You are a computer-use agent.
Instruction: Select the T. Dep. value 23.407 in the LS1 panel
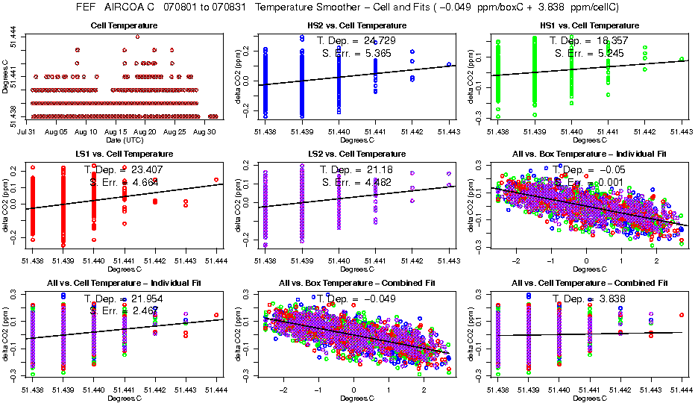pyautogui.click(x=153, y=169)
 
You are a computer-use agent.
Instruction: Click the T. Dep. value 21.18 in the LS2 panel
pyautogui.click(x=382, y=169)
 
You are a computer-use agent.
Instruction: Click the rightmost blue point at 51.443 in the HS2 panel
pyautogui.click(x=449, y=64)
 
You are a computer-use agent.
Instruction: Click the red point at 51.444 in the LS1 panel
pyautogui.click(x=216, y=179)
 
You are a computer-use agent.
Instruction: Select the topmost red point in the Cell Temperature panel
pyautogui.click(x=137, y=36)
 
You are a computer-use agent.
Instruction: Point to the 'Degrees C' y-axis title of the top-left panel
pyautogui.click(x=5, y=76)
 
